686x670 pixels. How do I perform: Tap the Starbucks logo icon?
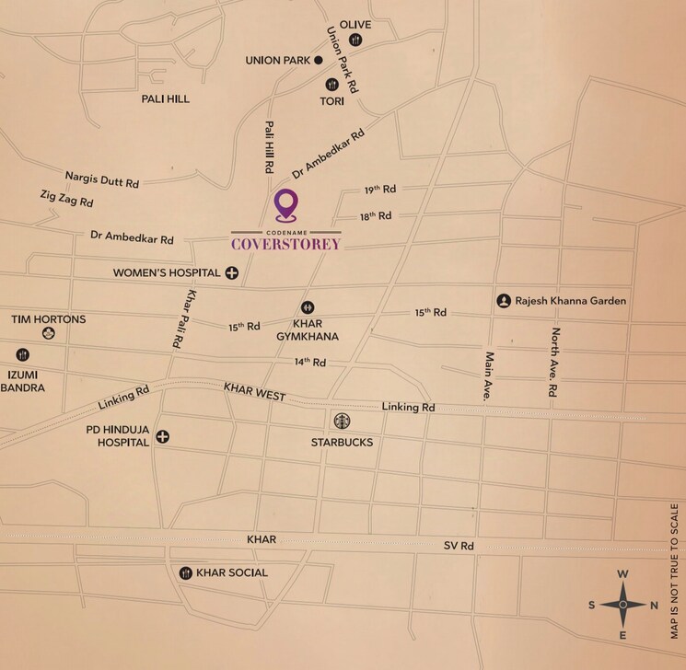(342, 421)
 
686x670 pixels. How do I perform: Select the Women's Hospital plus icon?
(231, 272)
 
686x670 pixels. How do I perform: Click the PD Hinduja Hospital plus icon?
(162, 436)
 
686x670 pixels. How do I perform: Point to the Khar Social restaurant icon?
(186, 572)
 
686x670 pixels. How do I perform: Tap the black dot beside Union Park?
(319, 61)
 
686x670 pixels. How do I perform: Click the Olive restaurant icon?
(355, 40)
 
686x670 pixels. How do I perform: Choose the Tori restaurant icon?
(331, 85)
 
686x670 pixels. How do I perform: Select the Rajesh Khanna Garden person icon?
(504, 301)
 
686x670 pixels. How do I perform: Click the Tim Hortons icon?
(48, 333)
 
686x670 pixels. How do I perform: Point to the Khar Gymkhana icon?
(307, 307)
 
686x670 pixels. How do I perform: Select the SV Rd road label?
(459, 546)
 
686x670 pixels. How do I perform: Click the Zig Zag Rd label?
(66, 198)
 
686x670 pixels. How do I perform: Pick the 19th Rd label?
(379, 189)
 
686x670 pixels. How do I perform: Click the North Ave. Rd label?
(553, 362)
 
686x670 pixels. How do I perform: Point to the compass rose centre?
(622, 605)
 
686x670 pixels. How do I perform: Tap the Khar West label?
(254, 395)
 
